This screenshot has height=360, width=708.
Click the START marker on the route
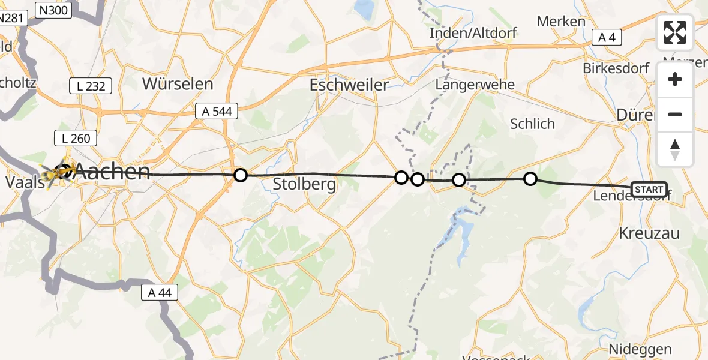point(649,190)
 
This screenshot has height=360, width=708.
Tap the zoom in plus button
point(675,80)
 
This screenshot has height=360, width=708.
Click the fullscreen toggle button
point(675,32)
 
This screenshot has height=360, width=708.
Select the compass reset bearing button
point(675,149)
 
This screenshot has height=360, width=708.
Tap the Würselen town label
point(178,84)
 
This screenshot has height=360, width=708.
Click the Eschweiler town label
point(349,85)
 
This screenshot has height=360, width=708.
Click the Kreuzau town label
point(649,234)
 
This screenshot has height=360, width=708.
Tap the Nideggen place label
point(640,349)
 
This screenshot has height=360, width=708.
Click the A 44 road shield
point(159,292)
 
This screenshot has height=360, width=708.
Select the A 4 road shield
point(607,38)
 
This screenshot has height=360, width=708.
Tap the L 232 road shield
point(91,86)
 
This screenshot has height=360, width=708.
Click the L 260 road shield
point(76,139)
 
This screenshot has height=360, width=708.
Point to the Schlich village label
point(532,124)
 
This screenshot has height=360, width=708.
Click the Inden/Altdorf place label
point(473,34)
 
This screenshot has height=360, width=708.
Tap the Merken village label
point(561,22)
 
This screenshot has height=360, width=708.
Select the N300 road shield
point(53,9)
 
